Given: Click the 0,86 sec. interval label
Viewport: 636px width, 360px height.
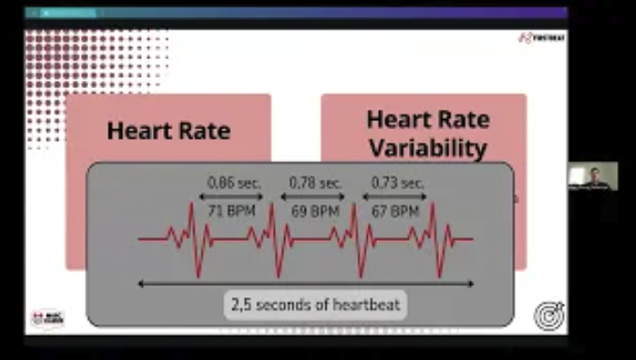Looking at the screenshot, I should [x=235, y=183].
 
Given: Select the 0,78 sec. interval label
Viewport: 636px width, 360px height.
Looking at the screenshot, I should [x=316, y=183].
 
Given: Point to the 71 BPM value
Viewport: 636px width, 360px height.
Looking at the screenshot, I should [x=235, y=212].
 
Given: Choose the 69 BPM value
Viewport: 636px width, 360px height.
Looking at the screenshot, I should [x=316, y=212].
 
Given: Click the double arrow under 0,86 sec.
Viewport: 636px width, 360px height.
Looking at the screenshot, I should [x=235, y=197].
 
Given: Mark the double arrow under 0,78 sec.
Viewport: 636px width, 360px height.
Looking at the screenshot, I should [x=316, y=197].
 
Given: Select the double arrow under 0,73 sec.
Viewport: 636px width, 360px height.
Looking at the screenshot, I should [x=396, y=197].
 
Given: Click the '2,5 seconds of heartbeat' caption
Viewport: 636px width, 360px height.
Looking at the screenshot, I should [x=315, y=305].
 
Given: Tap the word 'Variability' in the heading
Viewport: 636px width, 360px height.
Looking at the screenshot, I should [x=428, y=148].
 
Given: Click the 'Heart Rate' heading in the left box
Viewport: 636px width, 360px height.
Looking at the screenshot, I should [x=169, y=130].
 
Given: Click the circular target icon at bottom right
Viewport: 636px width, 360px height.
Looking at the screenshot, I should [x=549, y=315].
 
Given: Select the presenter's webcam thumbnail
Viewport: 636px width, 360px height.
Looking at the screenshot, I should [x=593, y=176].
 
